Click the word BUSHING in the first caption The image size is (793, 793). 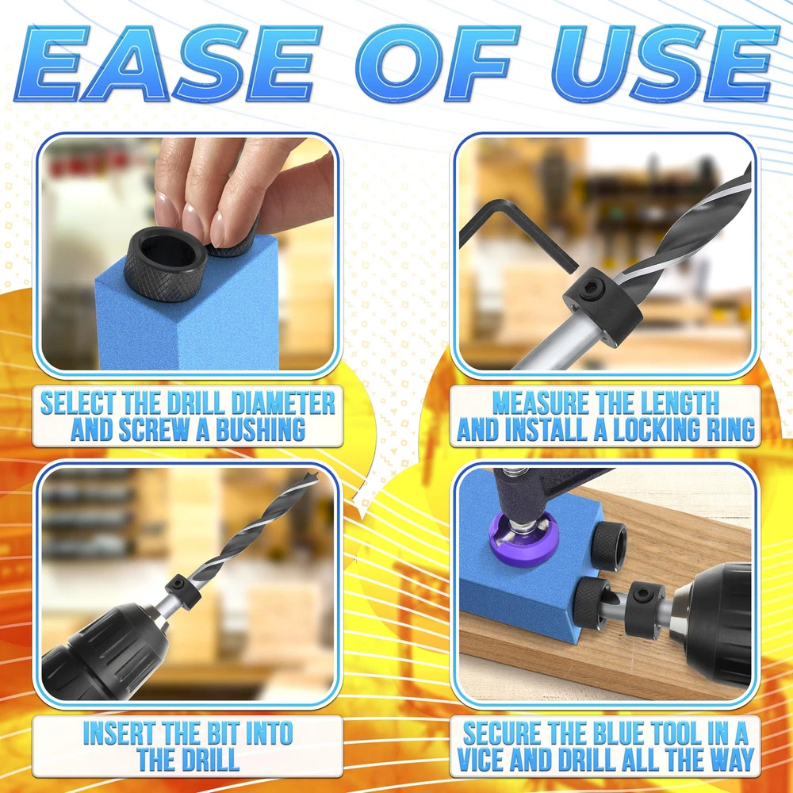260,429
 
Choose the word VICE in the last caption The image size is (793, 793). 481,759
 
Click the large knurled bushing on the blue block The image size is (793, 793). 166,263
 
